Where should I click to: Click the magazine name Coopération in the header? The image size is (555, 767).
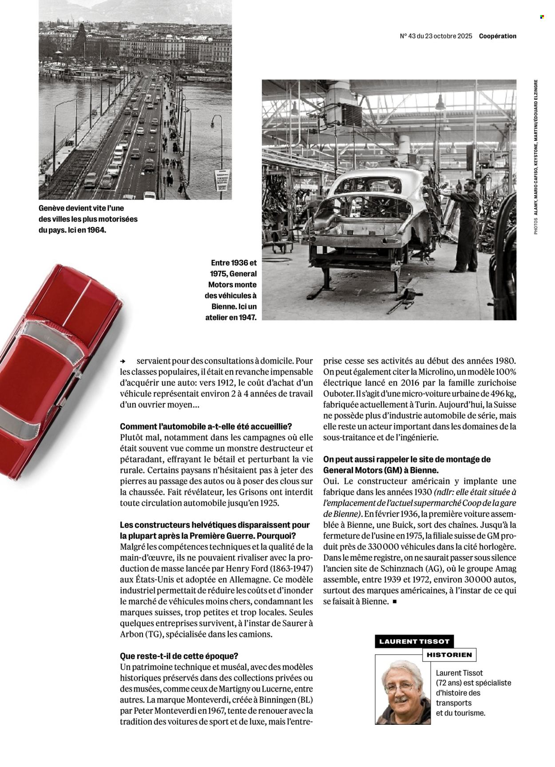coord(497,36)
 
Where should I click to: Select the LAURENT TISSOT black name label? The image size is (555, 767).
coord(414,641)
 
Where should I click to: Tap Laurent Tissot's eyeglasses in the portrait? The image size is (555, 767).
coord(399,688)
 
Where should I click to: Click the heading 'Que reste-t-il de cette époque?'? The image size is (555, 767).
coord(179,656)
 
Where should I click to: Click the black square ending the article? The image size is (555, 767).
coord(394,602)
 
